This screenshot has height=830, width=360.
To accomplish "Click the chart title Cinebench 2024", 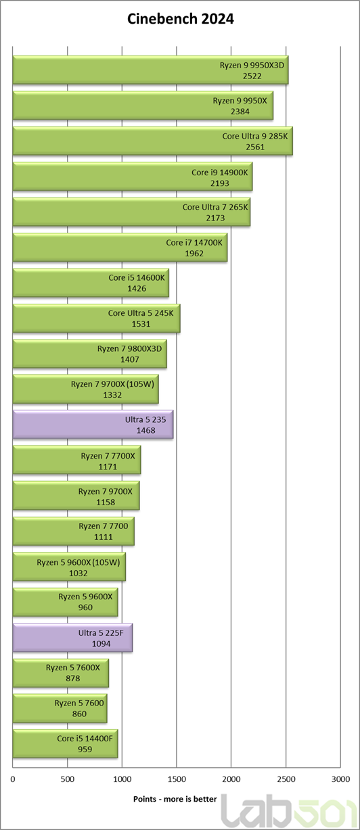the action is pyautogui.click(x=181, y=19).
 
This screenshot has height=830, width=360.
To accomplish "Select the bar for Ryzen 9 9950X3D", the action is pyautogui.click(x=150, y=70).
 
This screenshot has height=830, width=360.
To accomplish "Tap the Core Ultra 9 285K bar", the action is pyautogui.click(x=153, y=141).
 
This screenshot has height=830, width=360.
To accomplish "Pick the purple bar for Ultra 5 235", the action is pyautogui.click(x=93, y=425).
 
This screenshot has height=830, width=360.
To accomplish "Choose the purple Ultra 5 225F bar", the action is pyautogui.click(x=72, y=638).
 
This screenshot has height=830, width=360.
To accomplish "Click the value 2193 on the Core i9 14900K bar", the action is pyautogui.click(x=219, y=183).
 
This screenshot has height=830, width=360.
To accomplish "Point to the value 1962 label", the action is pyautogui.click(x=194, y=254).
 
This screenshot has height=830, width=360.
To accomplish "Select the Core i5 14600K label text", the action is pyautogui.click(x=137, y=277).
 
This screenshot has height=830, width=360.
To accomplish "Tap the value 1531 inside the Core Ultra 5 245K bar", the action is pyautogui.click(x=141, y=324).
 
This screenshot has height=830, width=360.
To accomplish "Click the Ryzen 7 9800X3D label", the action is pyautogui.click(x=129, y=348).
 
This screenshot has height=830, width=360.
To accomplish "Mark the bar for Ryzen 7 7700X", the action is pyautogui.click(x=76, y=460).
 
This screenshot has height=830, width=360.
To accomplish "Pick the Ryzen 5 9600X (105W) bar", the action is pyautogui.click(x=69, y=567).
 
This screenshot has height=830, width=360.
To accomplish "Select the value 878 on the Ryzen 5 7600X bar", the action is pyautogui.click(x=72, y=678).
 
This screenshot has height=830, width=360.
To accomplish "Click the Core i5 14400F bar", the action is pyautogui.click(x=65, y=744).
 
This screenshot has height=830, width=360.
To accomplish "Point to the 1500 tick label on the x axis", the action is pyautogui.click(x=177, y=779).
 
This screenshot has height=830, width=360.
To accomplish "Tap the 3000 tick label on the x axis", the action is pyautogui.click(x=340, y=779).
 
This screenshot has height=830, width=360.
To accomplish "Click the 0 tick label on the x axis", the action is pyautogui.click(x=13, y=779).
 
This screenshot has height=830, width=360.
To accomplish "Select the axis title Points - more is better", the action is pyautogui.click(x=175, y=799).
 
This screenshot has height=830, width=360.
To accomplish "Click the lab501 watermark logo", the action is pyautogui.click(x=288, y=812).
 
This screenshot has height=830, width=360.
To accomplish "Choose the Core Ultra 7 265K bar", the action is pyautogui.click(x=132, y=212).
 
